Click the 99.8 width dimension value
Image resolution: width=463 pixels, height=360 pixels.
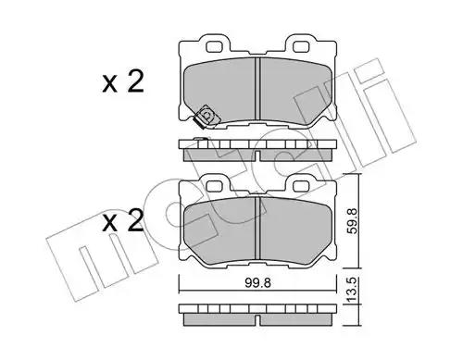coord(257,282)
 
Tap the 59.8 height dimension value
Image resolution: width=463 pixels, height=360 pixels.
coord(352,221)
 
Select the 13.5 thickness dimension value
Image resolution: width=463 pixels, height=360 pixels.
coord(352,290)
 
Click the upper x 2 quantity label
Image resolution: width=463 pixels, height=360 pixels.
coord(123,81)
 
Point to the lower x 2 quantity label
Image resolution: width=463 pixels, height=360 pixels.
coord(123,221)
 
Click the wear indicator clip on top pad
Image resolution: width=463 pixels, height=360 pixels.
coord(206,117)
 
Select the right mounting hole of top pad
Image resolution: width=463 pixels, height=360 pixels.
coord(299,46)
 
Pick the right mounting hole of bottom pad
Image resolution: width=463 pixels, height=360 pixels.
coord(299,186)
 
